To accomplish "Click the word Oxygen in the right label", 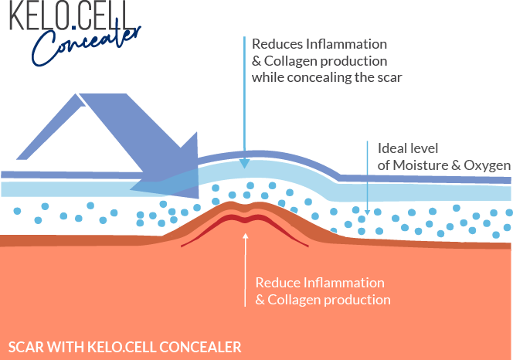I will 489,165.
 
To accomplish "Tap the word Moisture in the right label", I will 418,165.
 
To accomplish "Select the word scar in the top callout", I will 391,76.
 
